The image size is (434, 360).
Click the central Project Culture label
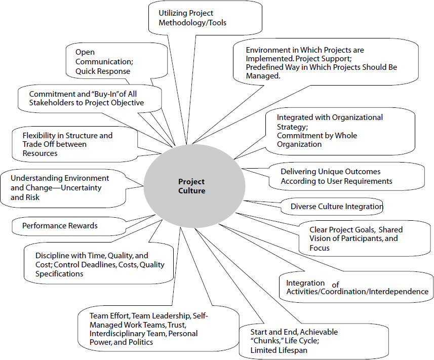[x=191, y=186]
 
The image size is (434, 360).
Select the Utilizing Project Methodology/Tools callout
[x=192, y=18]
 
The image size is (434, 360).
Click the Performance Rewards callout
[x=60, y=225]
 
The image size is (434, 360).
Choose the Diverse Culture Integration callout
[x=336, y=207]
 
